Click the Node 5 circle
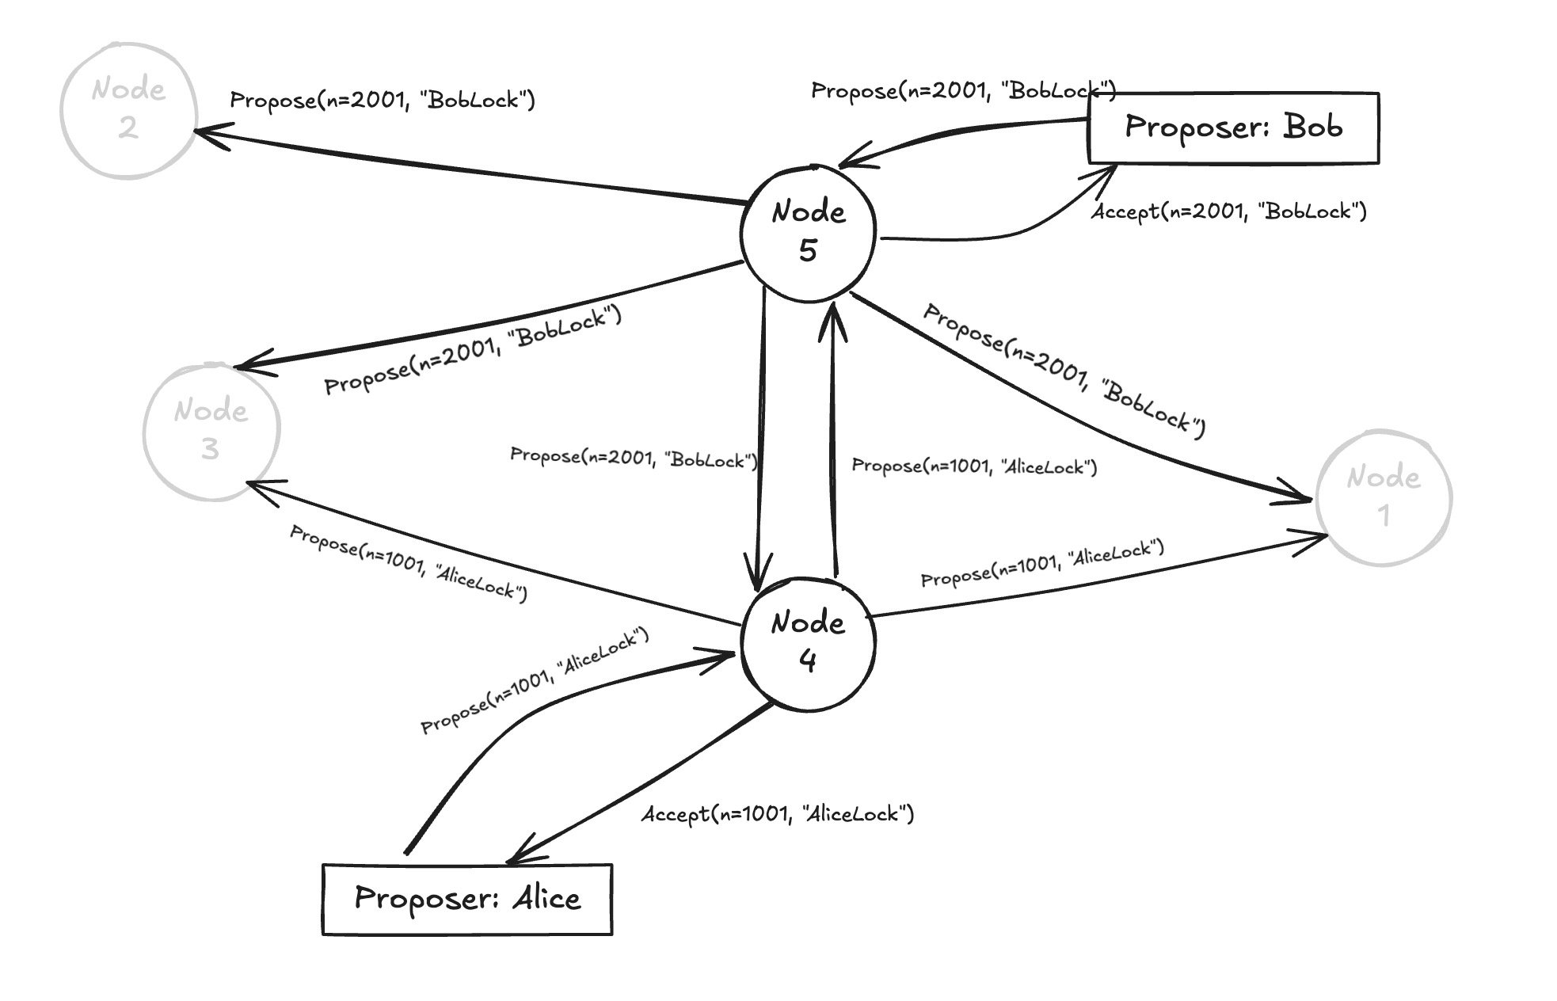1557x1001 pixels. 808,233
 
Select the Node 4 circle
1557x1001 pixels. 808,643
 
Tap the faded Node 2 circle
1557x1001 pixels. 128,110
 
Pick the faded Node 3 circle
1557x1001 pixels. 211,432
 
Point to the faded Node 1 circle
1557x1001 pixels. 1384,497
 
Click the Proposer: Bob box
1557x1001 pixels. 1233,128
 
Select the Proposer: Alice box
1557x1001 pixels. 467,899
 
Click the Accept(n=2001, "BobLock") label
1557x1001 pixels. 1228,211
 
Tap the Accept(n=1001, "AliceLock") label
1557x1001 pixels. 778,814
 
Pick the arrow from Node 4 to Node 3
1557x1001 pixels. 491,558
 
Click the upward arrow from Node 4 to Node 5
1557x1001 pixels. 833,443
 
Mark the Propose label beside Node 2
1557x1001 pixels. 383,100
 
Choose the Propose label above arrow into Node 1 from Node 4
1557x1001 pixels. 1041,563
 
